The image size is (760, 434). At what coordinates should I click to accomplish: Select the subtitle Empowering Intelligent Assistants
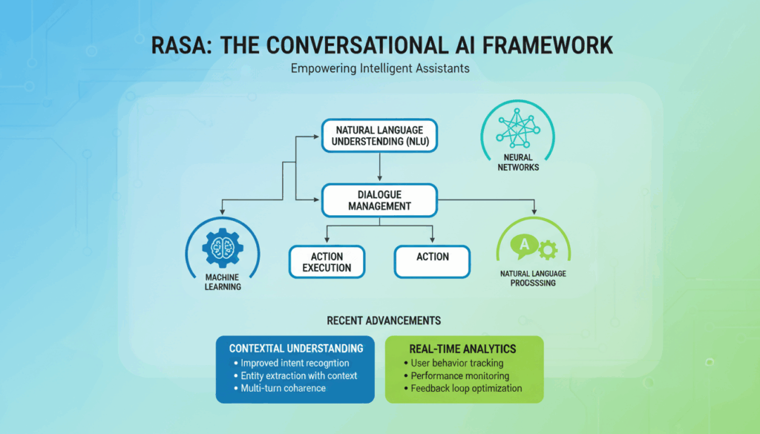tap(380, 68)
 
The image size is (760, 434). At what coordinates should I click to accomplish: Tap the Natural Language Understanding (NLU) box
tap(379, 136)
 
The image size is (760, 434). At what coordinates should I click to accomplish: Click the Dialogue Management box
tap(379, 200)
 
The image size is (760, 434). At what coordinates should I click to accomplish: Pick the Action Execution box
tap(327, 262)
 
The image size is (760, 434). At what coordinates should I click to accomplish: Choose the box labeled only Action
tap(433, 262)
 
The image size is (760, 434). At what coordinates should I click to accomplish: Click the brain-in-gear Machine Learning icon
tap(223, 248)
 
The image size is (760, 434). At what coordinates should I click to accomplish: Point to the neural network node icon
tap(517, 128)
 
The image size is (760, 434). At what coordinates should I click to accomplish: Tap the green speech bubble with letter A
tap(524, 246)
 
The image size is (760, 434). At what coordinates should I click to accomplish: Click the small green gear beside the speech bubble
tap(548, 250)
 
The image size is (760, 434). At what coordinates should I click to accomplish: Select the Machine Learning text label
tap(223, 282)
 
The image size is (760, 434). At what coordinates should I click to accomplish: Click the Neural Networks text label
tap(518, 162)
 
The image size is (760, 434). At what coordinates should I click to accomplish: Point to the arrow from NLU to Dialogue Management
tap(379, 167)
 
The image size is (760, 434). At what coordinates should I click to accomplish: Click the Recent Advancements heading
tap(384, 320)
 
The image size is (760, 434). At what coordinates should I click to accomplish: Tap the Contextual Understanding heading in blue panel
tap(296, 349)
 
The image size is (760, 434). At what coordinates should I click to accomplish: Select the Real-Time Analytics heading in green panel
tap(462, 349)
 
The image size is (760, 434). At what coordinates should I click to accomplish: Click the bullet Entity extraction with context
tap(295, 376)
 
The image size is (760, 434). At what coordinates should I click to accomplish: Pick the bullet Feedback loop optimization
tap(462, 389)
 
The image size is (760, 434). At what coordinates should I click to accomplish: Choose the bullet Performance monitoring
tap(456, 376)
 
